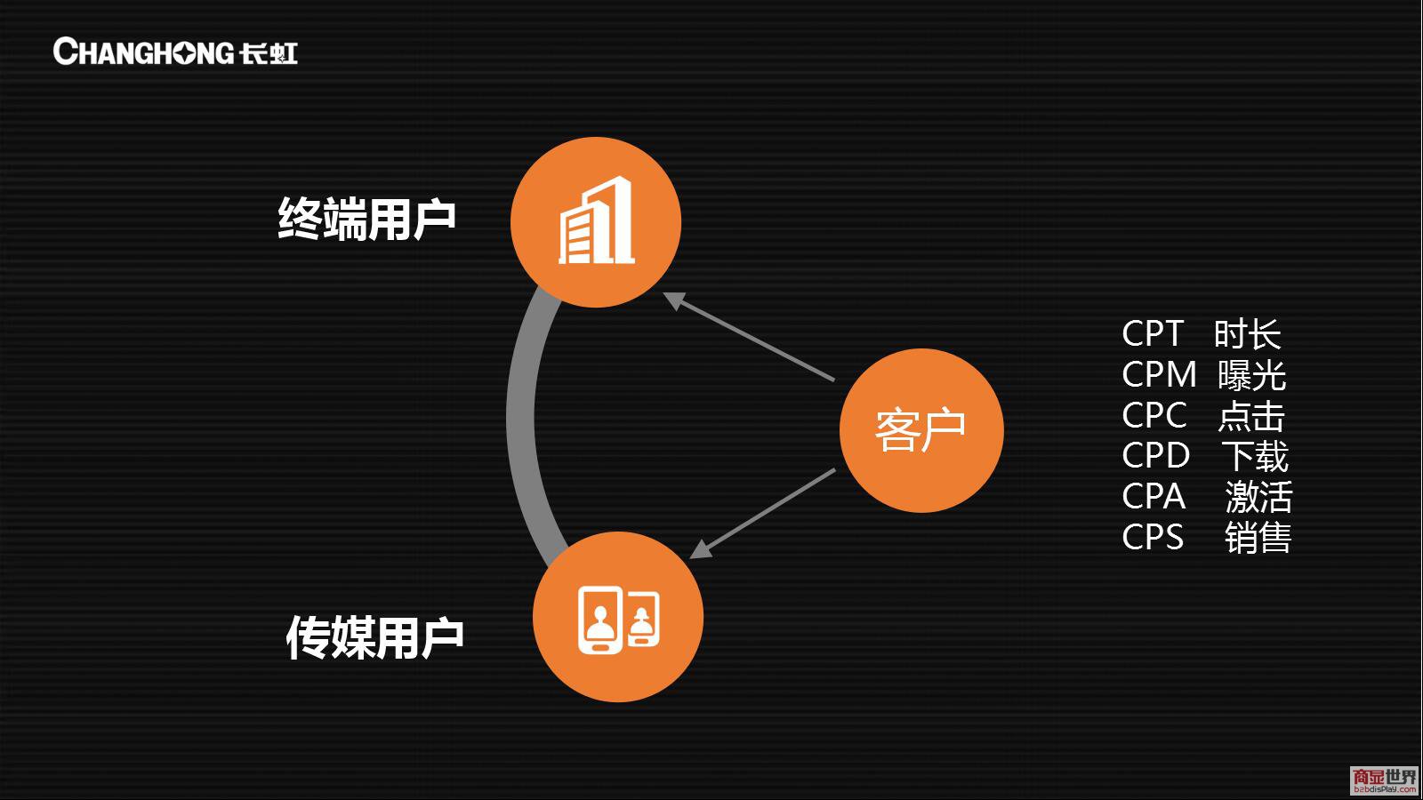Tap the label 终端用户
coord(367,219)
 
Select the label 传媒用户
coord(374,637)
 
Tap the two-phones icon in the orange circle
coord(619,620)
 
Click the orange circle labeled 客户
coord(921,430)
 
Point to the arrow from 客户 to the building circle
coord(748,337)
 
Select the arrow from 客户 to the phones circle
coord(762,514)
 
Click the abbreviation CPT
coord(1153,333)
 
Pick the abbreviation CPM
coord(1159,374)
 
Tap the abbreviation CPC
coord(1154,415)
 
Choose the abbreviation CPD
coord(1155,455)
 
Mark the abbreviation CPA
coord(1153,496)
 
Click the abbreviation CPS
coord(1153,537)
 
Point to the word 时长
coord(1248,334)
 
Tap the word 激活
coord(1258,497)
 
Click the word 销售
coord(1258,537)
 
